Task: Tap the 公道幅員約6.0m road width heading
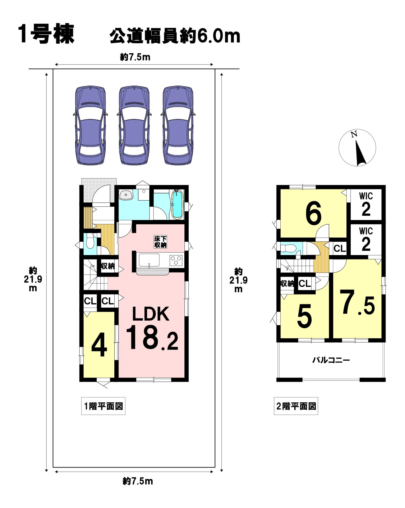pos(175,36)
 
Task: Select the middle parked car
pos(134,125)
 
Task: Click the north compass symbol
pos(357,148)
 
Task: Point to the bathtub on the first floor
pos(177,205)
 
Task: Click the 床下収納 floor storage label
pos(160,242)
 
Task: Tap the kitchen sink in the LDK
pos(149,260)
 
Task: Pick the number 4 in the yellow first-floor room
pos(99,345)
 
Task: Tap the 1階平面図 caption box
pos(103,406)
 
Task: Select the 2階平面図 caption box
pos(296,406)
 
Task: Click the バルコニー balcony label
pos(331,360)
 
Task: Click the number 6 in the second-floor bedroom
pos(313,214)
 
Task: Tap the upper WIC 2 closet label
pos(366,204)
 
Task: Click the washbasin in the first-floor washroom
pos(126,195)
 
